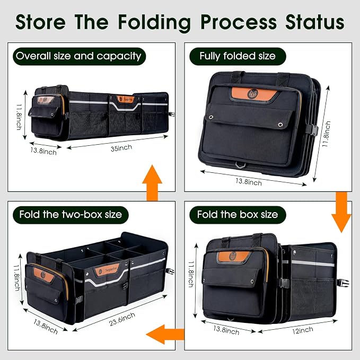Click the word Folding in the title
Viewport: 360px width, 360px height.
pos(154,23)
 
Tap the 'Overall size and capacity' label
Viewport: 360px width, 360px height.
pos(79,56)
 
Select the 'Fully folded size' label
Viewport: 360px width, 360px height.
pos(238,56)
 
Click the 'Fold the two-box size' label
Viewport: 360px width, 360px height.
pos(71,215)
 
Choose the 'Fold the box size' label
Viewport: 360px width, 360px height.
pos(238,215)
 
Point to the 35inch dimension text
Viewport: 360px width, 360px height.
pos(121,148)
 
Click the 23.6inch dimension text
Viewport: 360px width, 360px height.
pos(122,319)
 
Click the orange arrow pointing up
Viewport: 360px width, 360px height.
pos(152,182)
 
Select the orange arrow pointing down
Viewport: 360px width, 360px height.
pos(341,212)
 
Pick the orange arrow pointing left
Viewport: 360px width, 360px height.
pos(165,334)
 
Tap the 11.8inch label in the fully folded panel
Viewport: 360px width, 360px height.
pos(327,134)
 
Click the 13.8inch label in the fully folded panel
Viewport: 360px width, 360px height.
pos(249,182)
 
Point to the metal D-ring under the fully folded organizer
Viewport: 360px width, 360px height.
pos(240,165)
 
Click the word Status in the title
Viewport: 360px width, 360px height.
pos(314,22)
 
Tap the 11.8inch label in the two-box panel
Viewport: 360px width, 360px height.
pos(17,278)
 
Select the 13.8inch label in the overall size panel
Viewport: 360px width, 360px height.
pos(43,151)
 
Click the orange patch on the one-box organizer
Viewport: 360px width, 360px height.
pos(234,256)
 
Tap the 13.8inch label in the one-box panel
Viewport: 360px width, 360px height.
pos(226,330)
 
